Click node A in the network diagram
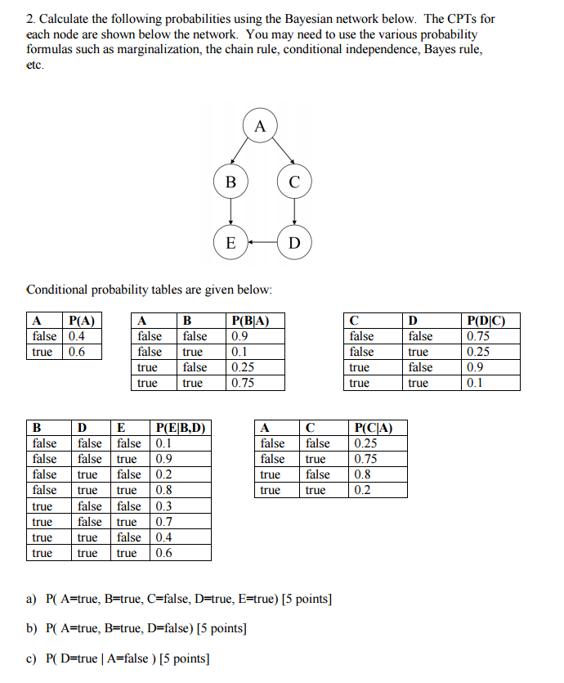[261, 127]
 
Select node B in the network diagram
[231, 182]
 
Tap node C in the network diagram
[294, 182]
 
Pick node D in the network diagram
[294, 243]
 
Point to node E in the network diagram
[231, 243]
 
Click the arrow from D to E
[262, 243]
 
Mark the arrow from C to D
[294, 213]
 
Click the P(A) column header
[82, 321]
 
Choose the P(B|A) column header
[251, 321]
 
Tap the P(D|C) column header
[485, 321]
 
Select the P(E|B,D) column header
[180, 428]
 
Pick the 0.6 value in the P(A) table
[77, 352]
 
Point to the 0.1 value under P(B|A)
[239, 352]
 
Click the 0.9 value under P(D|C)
[474, 367]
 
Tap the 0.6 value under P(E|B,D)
[163, 553]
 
